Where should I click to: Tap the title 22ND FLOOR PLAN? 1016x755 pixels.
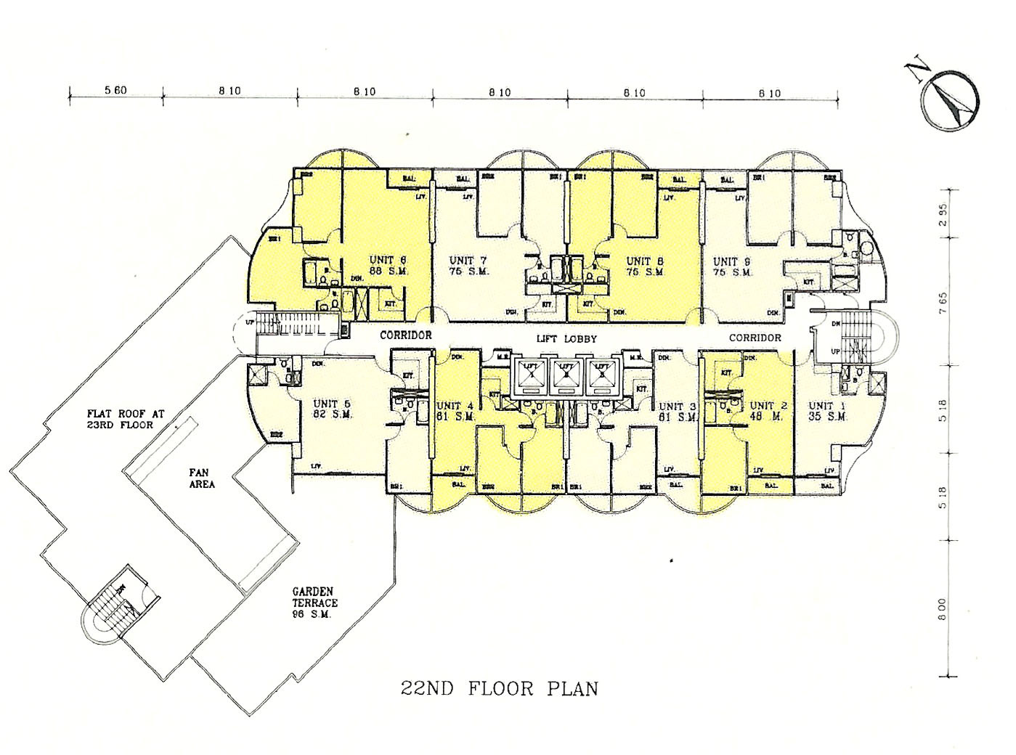(x=500, y=687)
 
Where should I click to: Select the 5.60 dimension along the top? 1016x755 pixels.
(x=115, y=91)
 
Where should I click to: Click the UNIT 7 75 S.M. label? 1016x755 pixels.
(x=469, y=266)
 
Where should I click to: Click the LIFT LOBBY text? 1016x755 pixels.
(x=566, y=339)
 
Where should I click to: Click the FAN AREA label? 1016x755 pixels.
(x=202, y=478)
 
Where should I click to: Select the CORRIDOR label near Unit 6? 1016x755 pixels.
(x=406, y=335)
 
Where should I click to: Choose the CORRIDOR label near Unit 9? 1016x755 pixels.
(x=755, y=338)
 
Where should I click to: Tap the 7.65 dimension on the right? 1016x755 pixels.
(x=943, y=299)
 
